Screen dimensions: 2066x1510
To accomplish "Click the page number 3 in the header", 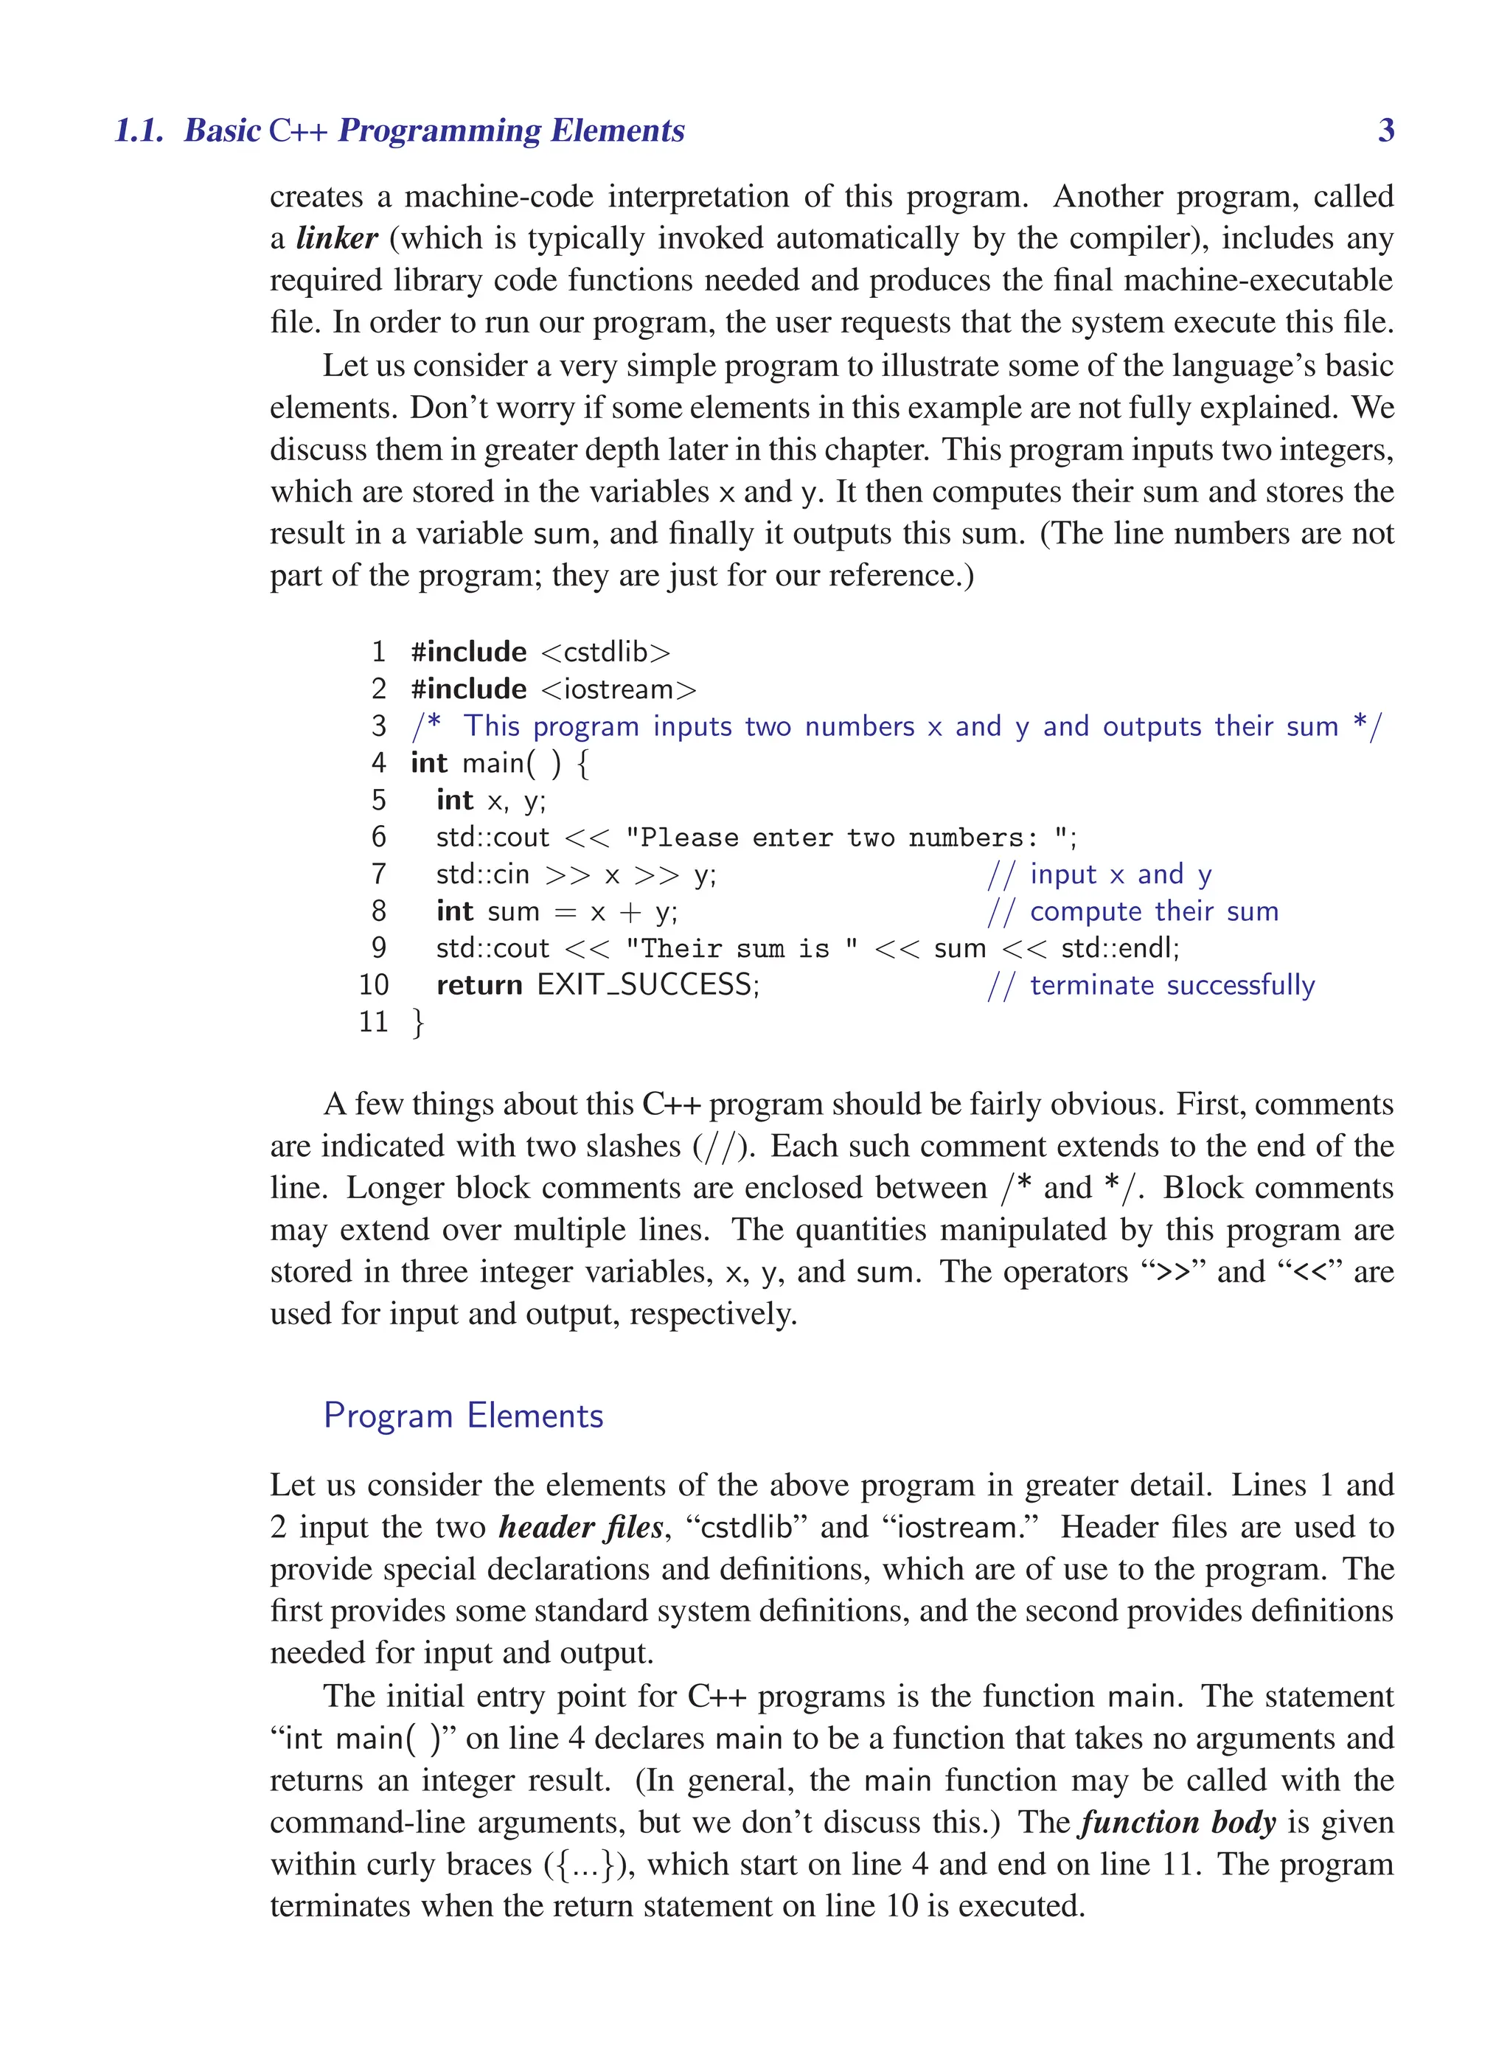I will (1385, 131).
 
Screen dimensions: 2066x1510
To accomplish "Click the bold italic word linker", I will (336, 239).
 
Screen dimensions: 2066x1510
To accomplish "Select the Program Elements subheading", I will (464, 1416).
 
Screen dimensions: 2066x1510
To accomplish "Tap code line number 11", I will (373, 1022).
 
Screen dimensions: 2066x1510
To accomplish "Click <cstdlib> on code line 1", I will (605, 653).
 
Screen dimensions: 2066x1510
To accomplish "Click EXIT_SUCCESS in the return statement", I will (647, 986).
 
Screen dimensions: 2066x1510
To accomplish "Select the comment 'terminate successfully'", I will (1172, 986).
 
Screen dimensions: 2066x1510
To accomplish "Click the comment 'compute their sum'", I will (1154, 911).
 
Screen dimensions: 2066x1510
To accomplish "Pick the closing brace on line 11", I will (418, 1022).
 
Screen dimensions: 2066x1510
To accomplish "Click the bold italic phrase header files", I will (580, 1528).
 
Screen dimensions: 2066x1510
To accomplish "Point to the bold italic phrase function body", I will (1177, 1822).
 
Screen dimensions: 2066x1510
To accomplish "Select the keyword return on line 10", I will (479, 986).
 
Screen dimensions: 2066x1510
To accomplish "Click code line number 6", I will (378, 838).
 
